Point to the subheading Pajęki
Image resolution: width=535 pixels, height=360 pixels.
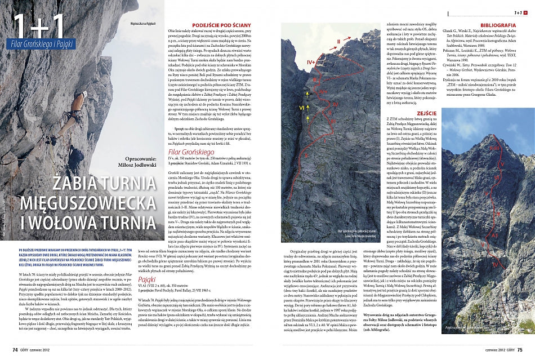click(x=146, y=279)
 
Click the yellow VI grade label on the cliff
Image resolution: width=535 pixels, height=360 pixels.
click(x=301, y=108)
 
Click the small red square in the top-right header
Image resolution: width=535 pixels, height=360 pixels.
click(x=525, y=12)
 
